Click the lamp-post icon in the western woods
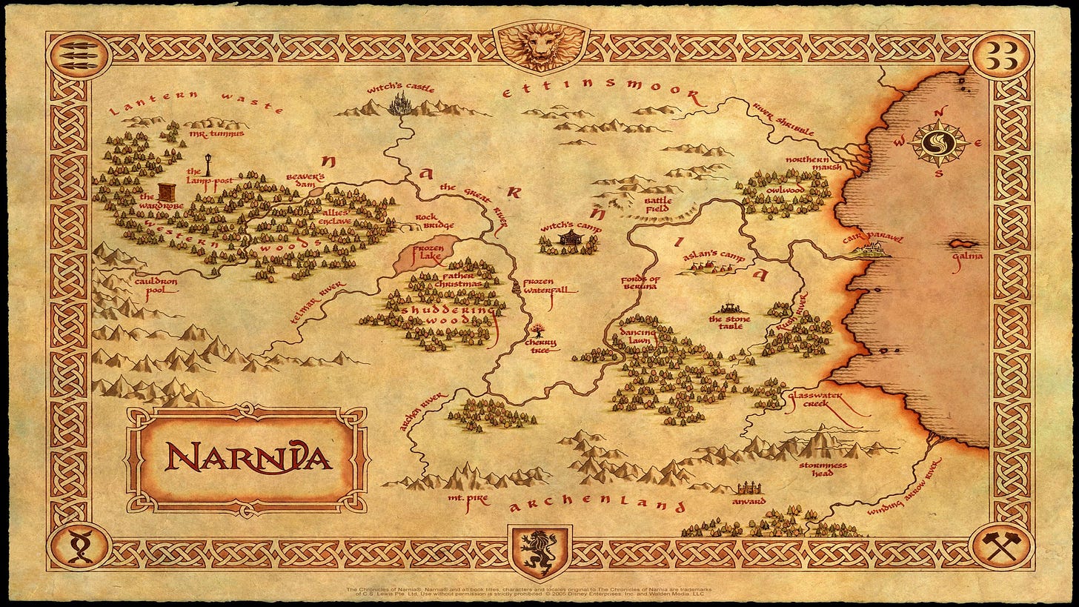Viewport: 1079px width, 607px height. (x=208, y=165)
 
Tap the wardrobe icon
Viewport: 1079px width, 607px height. (x=167, y=190)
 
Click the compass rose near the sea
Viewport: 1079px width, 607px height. (x=940, y=142)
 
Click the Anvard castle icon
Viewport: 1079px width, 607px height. (x=748, y=488)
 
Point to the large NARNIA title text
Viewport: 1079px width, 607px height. (x=248, y=459)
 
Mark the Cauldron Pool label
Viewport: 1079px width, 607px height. (x=156, y=285)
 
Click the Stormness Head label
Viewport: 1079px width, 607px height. (x=822, y=469)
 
